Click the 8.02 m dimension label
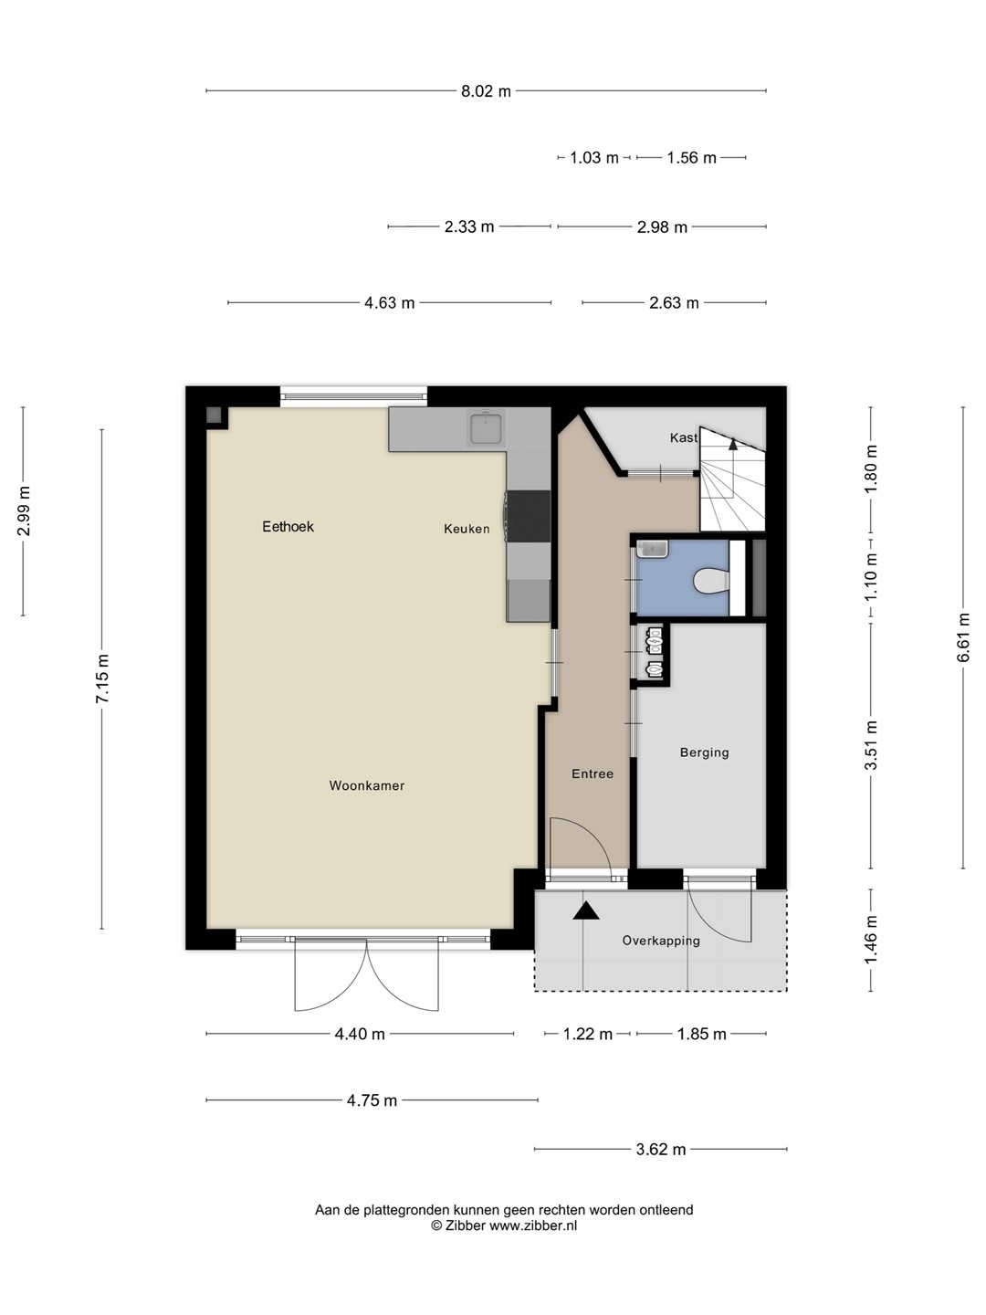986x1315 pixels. pyautogui.click(x=486, y=91)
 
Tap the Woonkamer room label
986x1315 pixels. pyautogui.click(x=366, y=785)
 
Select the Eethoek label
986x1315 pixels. pyautogui.click(x=288, y=527)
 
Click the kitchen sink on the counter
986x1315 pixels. pyautogui.click(x=486, y=428)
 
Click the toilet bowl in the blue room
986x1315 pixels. pyautogui.click(x=710, y=580)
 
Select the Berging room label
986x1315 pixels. pyautogui.click(x=704, y=752)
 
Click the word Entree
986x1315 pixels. pyautogui.click(x=593, y=773)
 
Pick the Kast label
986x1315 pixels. pyautogui.click(x=684, y=438)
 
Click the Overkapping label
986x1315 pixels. pyautogui.click(x=661, y=940)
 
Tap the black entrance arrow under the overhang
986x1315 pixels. pyautogui.click(x=585, y=911)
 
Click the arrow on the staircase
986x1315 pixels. pyautogui.click(x=733, y=444)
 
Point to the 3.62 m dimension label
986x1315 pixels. pyautogui.click(x=660, y=1149)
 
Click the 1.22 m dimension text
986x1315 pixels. pyautogui.click(x=587, y=1034)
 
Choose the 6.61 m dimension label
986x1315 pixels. pyautogui.click(x=963, y=637)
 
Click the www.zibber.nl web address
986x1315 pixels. pyautogui.click(x=533, y=1226)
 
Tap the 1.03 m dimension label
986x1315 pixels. pyautogui.click(x=593, y=158)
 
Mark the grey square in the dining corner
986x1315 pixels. pyautogui.click(x=214, y=415)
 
